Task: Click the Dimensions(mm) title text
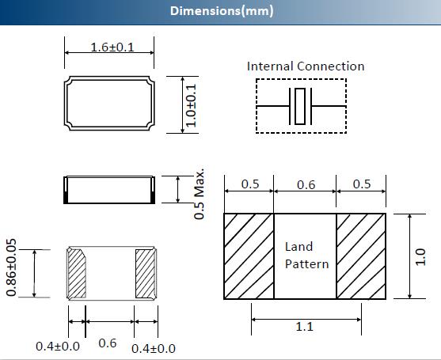coord(222,11)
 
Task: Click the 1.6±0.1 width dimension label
coord(112,47)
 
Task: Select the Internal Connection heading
coord(306,66)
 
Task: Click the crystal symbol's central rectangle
coord(300,106)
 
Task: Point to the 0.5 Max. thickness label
coord(200,194)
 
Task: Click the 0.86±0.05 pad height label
coord(11,267)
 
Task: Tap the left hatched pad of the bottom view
coord(77,274)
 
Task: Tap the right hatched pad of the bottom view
coord(145,274)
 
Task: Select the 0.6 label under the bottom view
coord(108,343)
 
